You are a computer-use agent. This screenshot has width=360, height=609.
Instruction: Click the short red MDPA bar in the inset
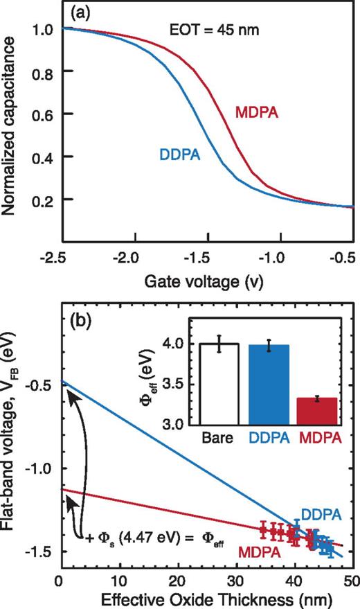pyautogui.click(x=316, y=410)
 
